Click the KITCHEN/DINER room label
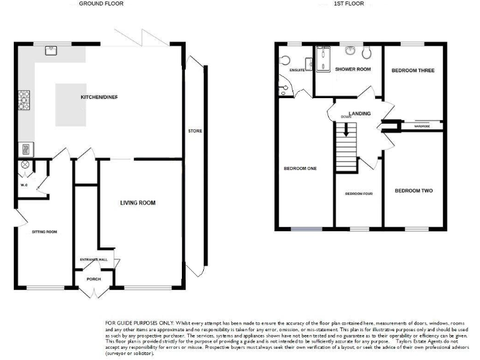coord(99,97)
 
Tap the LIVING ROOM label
coord(137,203)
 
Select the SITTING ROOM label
coord(45,232)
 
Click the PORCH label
coord(94,279)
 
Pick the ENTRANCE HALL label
coord(94,259)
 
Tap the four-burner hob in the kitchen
coord(24,100)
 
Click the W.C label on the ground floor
coord(23,184)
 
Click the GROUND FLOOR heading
coord(101,4)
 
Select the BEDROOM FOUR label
coord(359,194)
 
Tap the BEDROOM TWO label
coord(413,191)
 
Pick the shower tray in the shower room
coord(323,61)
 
